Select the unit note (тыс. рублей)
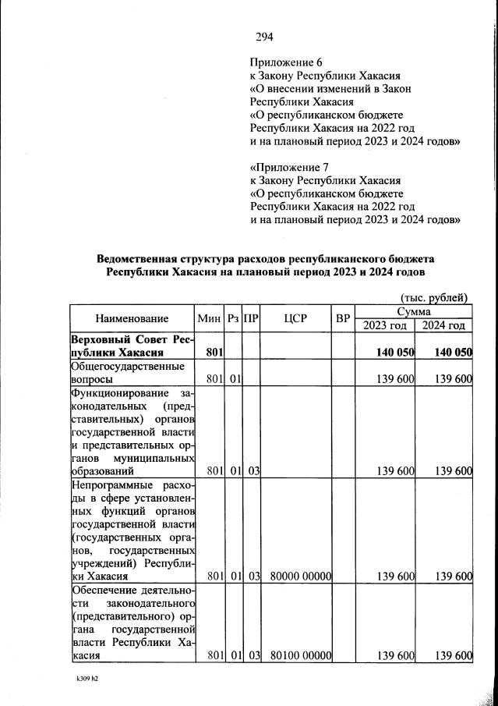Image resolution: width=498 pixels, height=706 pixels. pyautogui.click(x=434, y=296)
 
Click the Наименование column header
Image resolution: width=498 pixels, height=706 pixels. pyautogui.click(x=132, y=318)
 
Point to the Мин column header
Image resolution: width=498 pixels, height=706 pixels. pyautogui.click(x=210, y=318)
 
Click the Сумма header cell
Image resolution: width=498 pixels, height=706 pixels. pyautogui.click(x=414, y=311)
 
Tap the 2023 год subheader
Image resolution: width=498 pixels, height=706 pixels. pyautogui.click(x=385, y=325)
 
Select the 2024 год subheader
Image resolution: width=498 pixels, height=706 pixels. pyautogui.click(x=444, y=325)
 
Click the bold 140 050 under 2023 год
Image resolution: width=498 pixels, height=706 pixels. pyautogui.click(x=394, y=353)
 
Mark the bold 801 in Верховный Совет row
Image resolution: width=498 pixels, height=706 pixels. pyautogui.click(x=215, y=353)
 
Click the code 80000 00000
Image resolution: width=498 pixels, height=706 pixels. pyautogui.click(x=302, y=577)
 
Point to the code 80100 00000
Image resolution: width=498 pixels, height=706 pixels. pyautogui.click(x=302, y=656)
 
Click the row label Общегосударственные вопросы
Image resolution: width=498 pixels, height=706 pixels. pyautogui.click(x=128, y=372)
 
